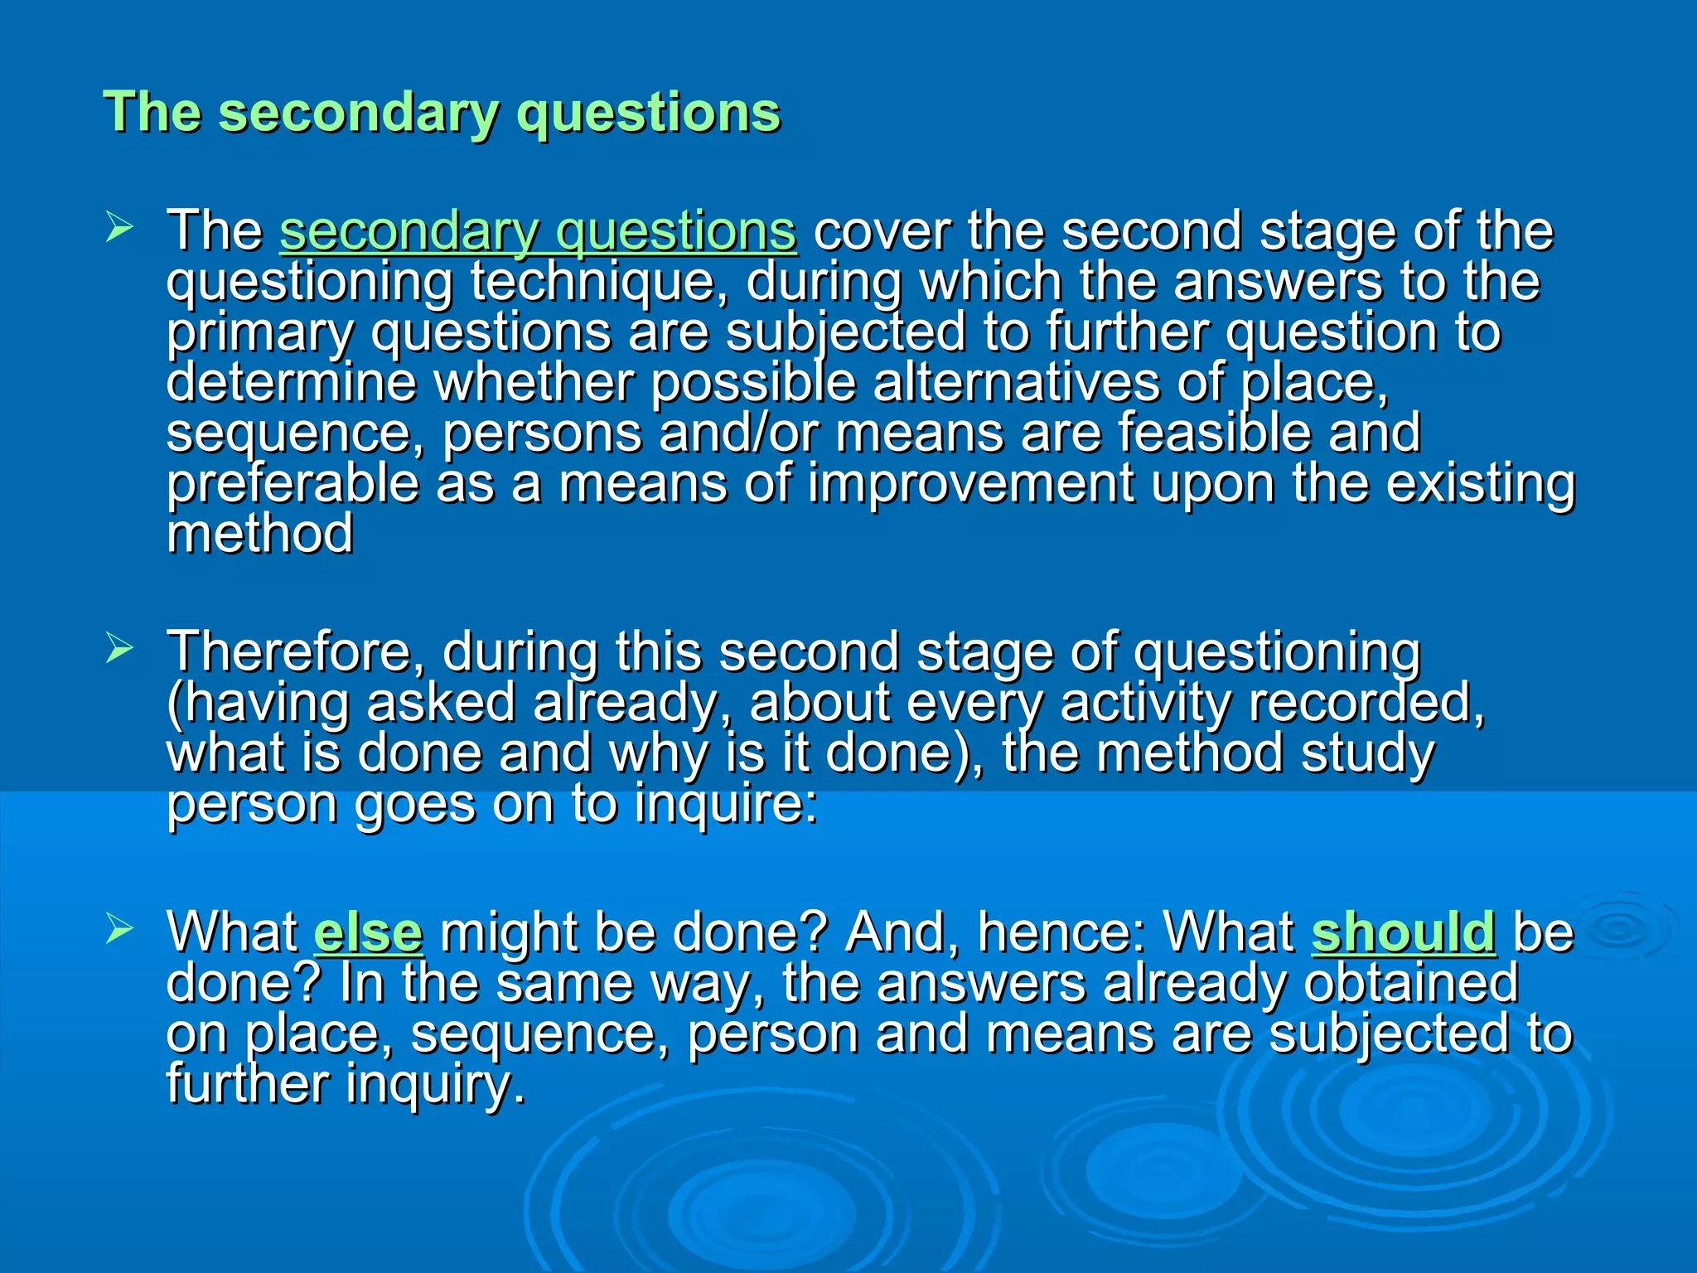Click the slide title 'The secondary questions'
pos(442,112)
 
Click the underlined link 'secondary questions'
pos(538,231)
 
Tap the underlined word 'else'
pos(369,932)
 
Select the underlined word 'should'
pos(1404,932)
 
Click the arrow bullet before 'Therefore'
pos(119,650)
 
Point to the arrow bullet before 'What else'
pos(119,930)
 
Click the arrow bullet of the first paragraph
pos(119,228)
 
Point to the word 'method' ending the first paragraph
pos(259,534)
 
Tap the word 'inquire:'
pos(726,804)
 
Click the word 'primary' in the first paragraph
pos(259,333)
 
